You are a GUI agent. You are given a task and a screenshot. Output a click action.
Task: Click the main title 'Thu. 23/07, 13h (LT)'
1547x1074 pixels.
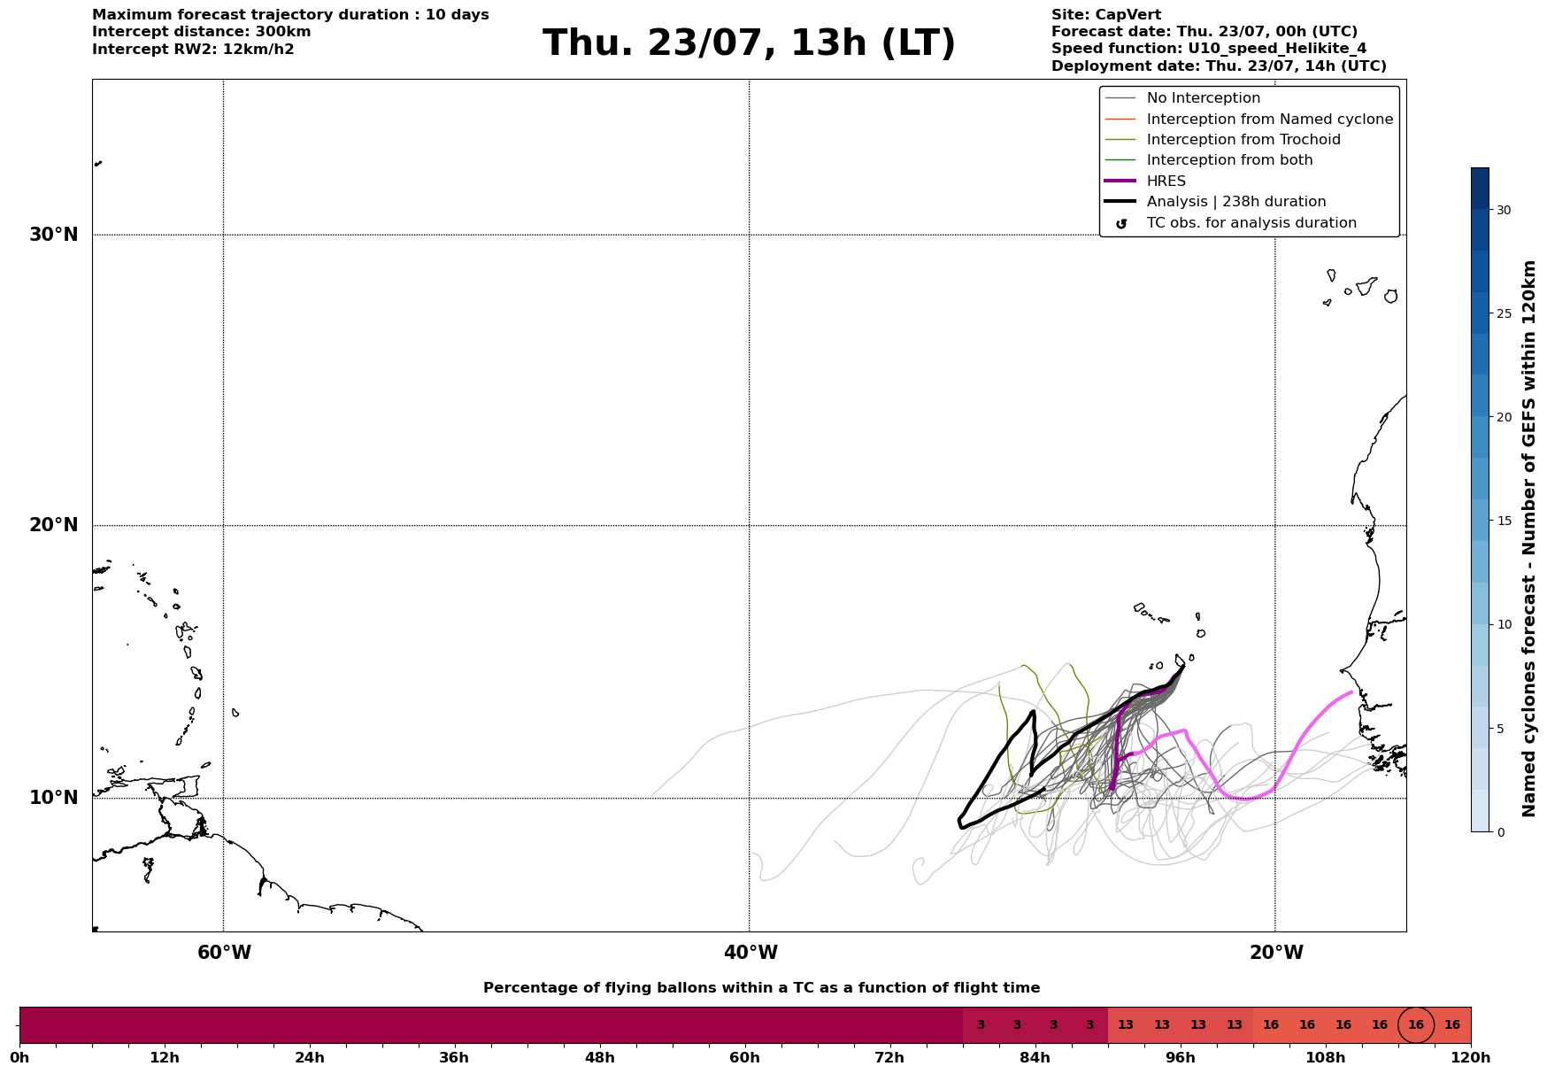pos(749,43)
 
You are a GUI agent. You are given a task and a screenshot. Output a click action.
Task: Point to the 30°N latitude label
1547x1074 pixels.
pos(54,235)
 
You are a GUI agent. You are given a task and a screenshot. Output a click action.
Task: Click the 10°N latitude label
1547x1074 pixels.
pos(54,798)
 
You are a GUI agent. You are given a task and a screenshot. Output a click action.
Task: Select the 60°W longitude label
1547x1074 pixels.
pos(224,953)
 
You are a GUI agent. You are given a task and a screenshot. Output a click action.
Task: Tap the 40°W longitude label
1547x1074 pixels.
pos(750,953)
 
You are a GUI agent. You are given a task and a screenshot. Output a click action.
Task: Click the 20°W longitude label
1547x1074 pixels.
pos(1276,953)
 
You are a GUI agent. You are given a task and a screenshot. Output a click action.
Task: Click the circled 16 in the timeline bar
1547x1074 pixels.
pos(1416,1025)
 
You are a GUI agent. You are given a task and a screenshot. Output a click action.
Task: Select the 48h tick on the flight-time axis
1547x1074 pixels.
pos(599,1057)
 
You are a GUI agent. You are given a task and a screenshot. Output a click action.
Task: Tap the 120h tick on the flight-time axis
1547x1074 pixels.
pos(1471,1057)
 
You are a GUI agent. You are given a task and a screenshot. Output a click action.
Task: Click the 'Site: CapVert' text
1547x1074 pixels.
pos(1106,15)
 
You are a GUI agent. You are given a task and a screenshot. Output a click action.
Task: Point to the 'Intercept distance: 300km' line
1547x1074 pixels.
pos(202,32)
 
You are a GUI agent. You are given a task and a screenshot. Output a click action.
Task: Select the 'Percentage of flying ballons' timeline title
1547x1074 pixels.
pos(762,988)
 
